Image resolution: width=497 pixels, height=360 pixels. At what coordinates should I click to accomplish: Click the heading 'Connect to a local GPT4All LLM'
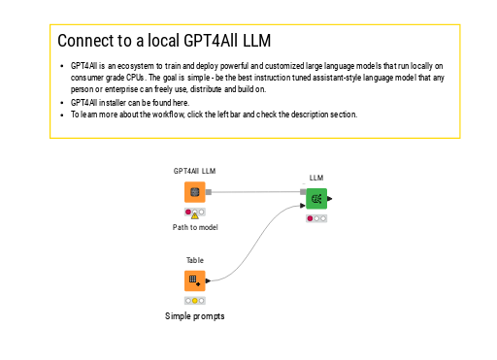(x=163, y=41)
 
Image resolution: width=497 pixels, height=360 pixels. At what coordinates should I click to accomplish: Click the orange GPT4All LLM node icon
(x=194, y=192)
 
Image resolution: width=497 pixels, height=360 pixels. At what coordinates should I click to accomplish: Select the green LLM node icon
(x=316, y=199)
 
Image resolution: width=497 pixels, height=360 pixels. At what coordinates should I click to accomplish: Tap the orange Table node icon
(x=194, y=280)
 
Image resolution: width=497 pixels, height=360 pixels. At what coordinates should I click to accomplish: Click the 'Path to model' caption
(x=195, y=227)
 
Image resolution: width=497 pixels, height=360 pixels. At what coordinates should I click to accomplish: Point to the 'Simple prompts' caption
(x=195, y=316)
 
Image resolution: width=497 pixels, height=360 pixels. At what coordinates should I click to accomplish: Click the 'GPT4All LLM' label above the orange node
(x=194, y=171)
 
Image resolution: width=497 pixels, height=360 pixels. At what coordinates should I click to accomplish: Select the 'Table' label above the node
(x=195, y=260)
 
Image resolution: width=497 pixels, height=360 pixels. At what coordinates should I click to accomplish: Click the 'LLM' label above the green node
(x=316, y=178)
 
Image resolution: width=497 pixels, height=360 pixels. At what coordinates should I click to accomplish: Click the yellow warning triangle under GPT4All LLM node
(x=195, y=215)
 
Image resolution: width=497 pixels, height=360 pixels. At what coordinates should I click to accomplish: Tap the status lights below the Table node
(x=194, y=300)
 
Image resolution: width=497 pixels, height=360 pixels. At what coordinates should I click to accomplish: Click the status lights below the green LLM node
(x=316, y=218)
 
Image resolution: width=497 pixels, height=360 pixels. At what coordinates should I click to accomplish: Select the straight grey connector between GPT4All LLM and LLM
(x=257, y=192)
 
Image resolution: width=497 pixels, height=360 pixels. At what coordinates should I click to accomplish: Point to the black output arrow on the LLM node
(x=330, y=199)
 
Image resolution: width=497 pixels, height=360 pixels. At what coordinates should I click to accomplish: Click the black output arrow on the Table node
(x=209, y=280)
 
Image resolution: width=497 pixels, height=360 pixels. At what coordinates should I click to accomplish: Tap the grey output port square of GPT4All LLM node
(x=209, y=192)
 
